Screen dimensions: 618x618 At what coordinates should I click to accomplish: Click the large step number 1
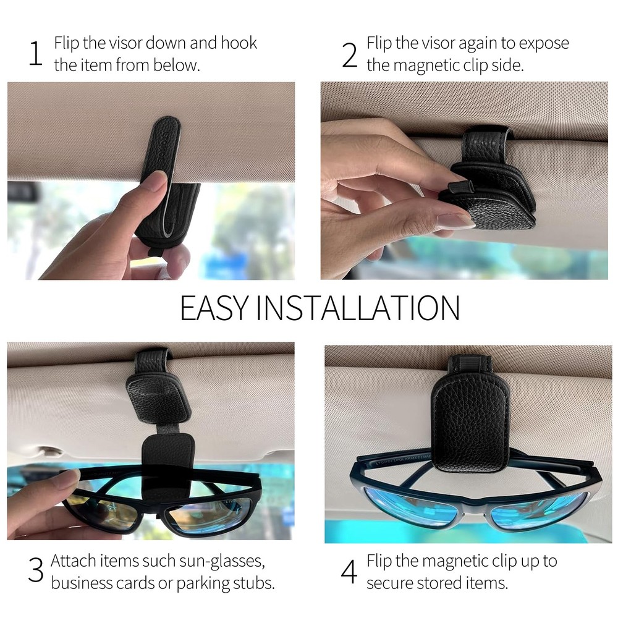click(36, 54)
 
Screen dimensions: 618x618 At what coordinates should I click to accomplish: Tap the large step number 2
click(350, 54)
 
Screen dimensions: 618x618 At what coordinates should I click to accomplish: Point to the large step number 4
click(349, 572)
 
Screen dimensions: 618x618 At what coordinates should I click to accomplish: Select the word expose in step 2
click(543, 44)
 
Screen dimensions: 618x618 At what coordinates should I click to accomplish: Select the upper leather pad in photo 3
click(158, 392)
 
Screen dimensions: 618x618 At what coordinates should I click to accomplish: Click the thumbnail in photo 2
click(456, 221)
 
